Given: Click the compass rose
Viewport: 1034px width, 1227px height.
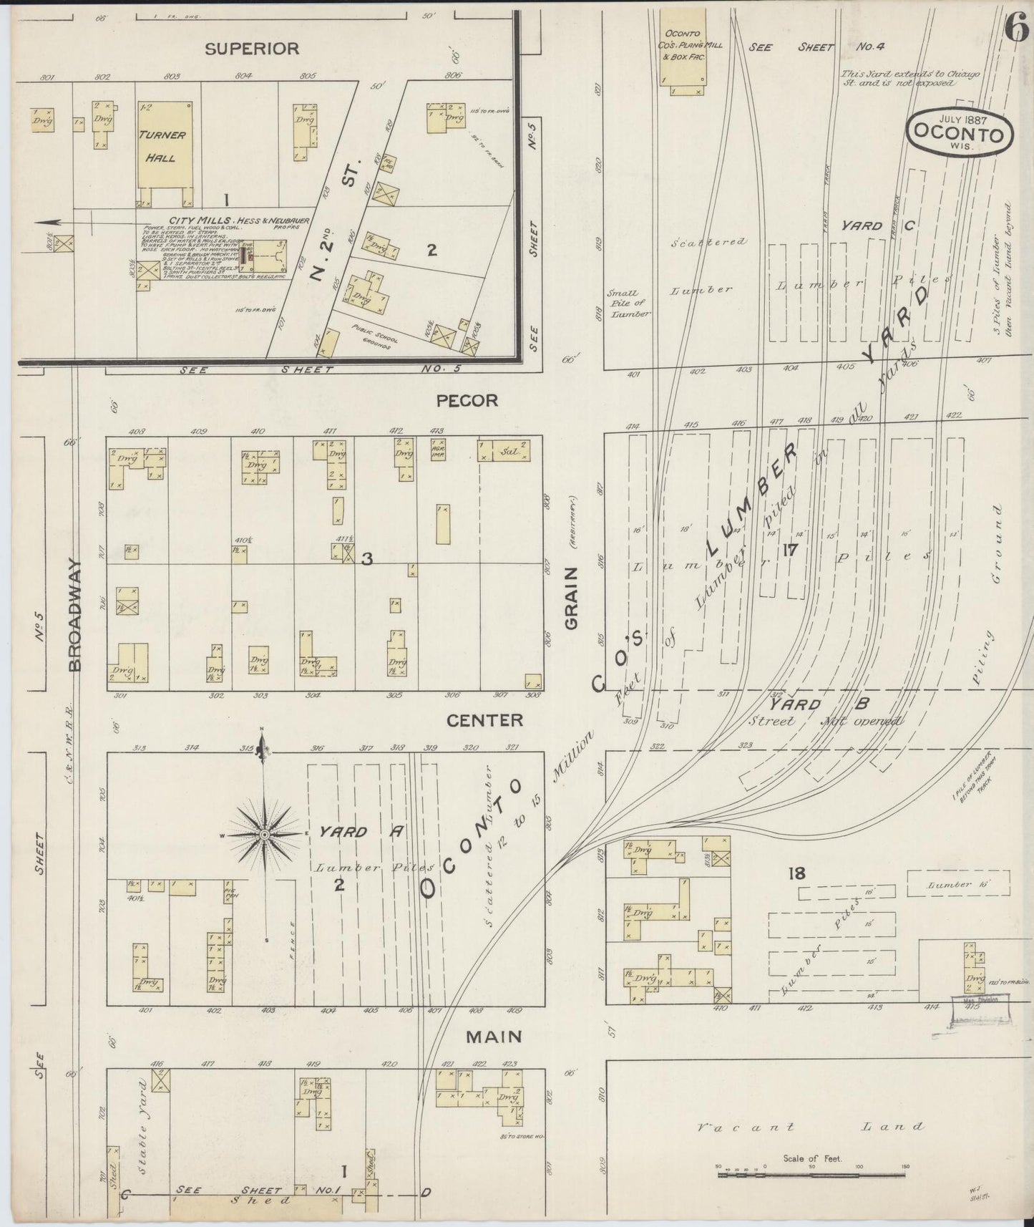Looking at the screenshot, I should point(264,835).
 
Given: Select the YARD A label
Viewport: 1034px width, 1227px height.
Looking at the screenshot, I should point(361,832).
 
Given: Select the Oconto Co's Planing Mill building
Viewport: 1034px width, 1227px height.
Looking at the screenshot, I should point(683,50).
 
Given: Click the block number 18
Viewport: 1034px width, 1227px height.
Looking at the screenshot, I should point(796,873).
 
